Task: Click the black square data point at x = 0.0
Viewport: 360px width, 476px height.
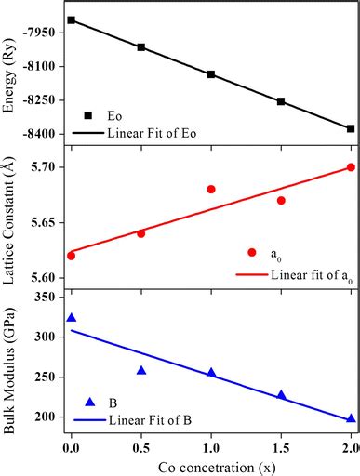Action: (x=72, y=20)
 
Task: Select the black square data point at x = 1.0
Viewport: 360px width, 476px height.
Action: (x=211, y=74)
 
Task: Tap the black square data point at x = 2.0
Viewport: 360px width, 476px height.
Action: (x=351, y=128)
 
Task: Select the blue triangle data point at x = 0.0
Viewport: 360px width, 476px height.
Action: (x=72, y=318)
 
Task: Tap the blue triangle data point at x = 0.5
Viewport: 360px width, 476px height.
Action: (x=141, y=370)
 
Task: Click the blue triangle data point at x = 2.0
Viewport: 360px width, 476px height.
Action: (x=351, y=418)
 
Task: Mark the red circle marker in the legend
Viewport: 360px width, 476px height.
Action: (x=251, y=252)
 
